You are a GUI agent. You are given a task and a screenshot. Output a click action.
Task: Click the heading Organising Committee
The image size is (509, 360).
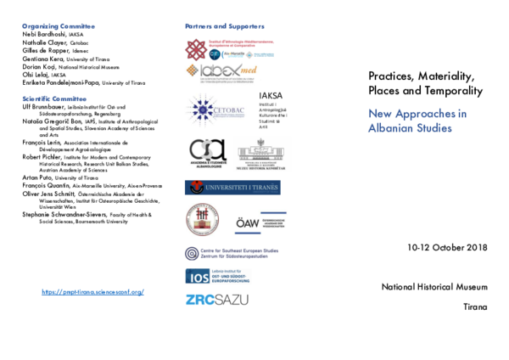pos(59,26)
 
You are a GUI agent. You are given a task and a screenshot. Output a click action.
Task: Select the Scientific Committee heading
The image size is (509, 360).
pos(54,99)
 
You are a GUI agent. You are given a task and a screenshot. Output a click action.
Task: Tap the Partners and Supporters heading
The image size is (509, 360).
pos(225,26)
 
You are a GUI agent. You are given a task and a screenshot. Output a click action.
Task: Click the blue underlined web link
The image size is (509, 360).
pos(92,292)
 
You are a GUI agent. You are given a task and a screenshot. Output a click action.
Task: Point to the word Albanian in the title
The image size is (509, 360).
pos(394,128)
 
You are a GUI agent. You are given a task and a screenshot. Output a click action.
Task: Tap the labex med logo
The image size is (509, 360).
pos(223,73)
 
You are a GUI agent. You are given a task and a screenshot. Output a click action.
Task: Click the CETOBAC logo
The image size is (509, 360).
pos(215,110)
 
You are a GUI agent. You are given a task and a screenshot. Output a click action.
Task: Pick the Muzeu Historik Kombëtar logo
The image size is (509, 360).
pos(262,154)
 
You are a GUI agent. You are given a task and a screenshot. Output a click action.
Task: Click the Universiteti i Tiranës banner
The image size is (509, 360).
pos(232,188)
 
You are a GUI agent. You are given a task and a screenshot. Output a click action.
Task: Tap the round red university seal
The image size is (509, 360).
pos(203,219)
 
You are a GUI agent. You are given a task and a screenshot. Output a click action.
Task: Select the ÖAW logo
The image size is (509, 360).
pos(260,222)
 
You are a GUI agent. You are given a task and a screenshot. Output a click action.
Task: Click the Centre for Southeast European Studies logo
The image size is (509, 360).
pos(231,253)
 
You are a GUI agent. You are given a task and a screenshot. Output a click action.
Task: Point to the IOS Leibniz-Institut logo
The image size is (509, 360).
pos(218,277)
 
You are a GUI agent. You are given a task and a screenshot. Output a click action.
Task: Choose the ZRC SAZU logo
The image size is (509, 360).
pos(217,299)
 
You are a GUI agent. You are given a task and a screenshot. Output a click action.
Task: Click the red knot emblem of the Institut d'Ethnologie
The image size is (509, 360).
pos(195,50)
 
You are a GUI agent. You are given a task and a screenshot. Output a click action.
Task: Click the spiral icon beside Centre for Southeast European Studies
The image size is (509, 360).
pos(192,253)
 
